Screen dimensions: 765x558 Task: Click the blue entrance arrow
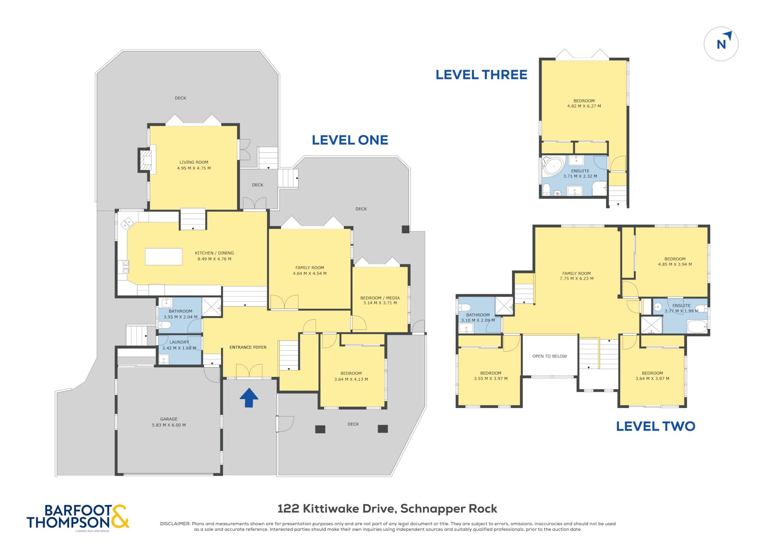249,397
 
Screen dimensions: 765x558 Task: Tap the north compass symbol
721,44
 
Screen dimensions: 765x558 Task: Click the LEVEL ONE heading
350,140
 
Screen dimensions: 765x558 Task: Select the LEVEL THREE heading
481,75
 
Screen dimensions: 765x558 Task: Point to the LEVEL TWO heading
656,426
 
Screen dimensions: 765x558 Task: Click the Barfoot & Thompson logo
78,517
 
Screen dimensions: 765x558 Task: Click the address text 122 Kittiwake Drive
336,509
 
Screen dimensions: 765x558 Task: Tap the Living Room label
194,162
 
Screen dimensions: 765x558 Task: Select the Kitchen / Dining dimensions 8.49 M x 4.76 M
214,259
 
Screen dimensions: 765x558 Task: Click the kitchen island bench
164,257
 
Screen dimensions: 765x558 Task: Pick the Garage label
169,419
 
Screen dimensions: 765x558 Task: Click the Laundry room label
179,342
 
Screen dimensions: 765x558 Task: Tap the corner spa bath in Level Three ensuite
553,166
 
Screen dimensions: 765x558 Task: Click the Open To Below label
549,356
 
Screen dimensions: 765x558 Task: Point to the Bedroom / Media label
380,298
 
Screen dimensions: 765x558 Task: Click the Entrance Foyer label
248,347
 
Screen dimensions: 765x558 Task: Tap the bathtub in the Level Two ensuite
697,326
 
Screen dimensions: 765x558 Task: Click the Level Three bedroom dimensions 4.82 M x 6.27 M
584,106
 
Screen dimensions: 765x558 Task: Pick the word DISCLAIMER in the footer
175,524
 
